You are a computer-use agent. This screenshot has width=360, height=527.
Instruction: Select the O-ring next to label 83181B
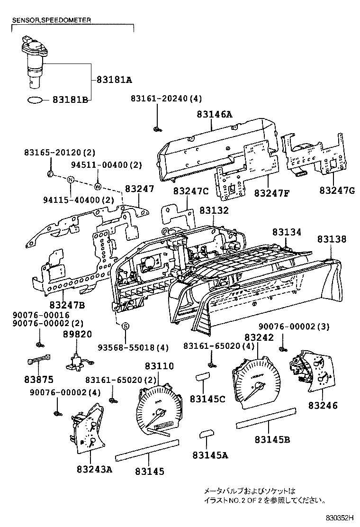pyautogui.click(x=36, y=100)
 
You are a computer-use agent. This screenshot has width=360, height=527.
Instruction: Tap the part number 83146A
pyautogui.click(x=215, y=114)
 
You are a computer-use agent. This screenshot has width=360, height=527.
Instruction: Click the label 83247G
pyautogui.click(x=336, y=190)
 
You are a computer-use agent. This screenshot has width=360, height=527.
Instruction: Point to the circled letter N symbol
pyautogui.click(x=70, y=180)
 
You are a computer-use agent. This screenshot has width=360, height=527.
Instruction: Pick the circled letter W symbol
pyautogui.click(x=98, y=185)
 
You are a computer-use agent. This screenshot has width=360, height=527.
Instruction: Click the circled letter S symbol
pyautogui.click(x=126, y=326)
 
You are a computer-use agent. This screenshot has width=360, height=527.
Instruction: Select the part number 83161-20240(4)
pyautogui.click(x=166, y=99)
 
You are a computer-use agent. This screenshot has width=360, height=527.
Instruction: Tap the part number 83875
pyautogui.click(x=39, y=380)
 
